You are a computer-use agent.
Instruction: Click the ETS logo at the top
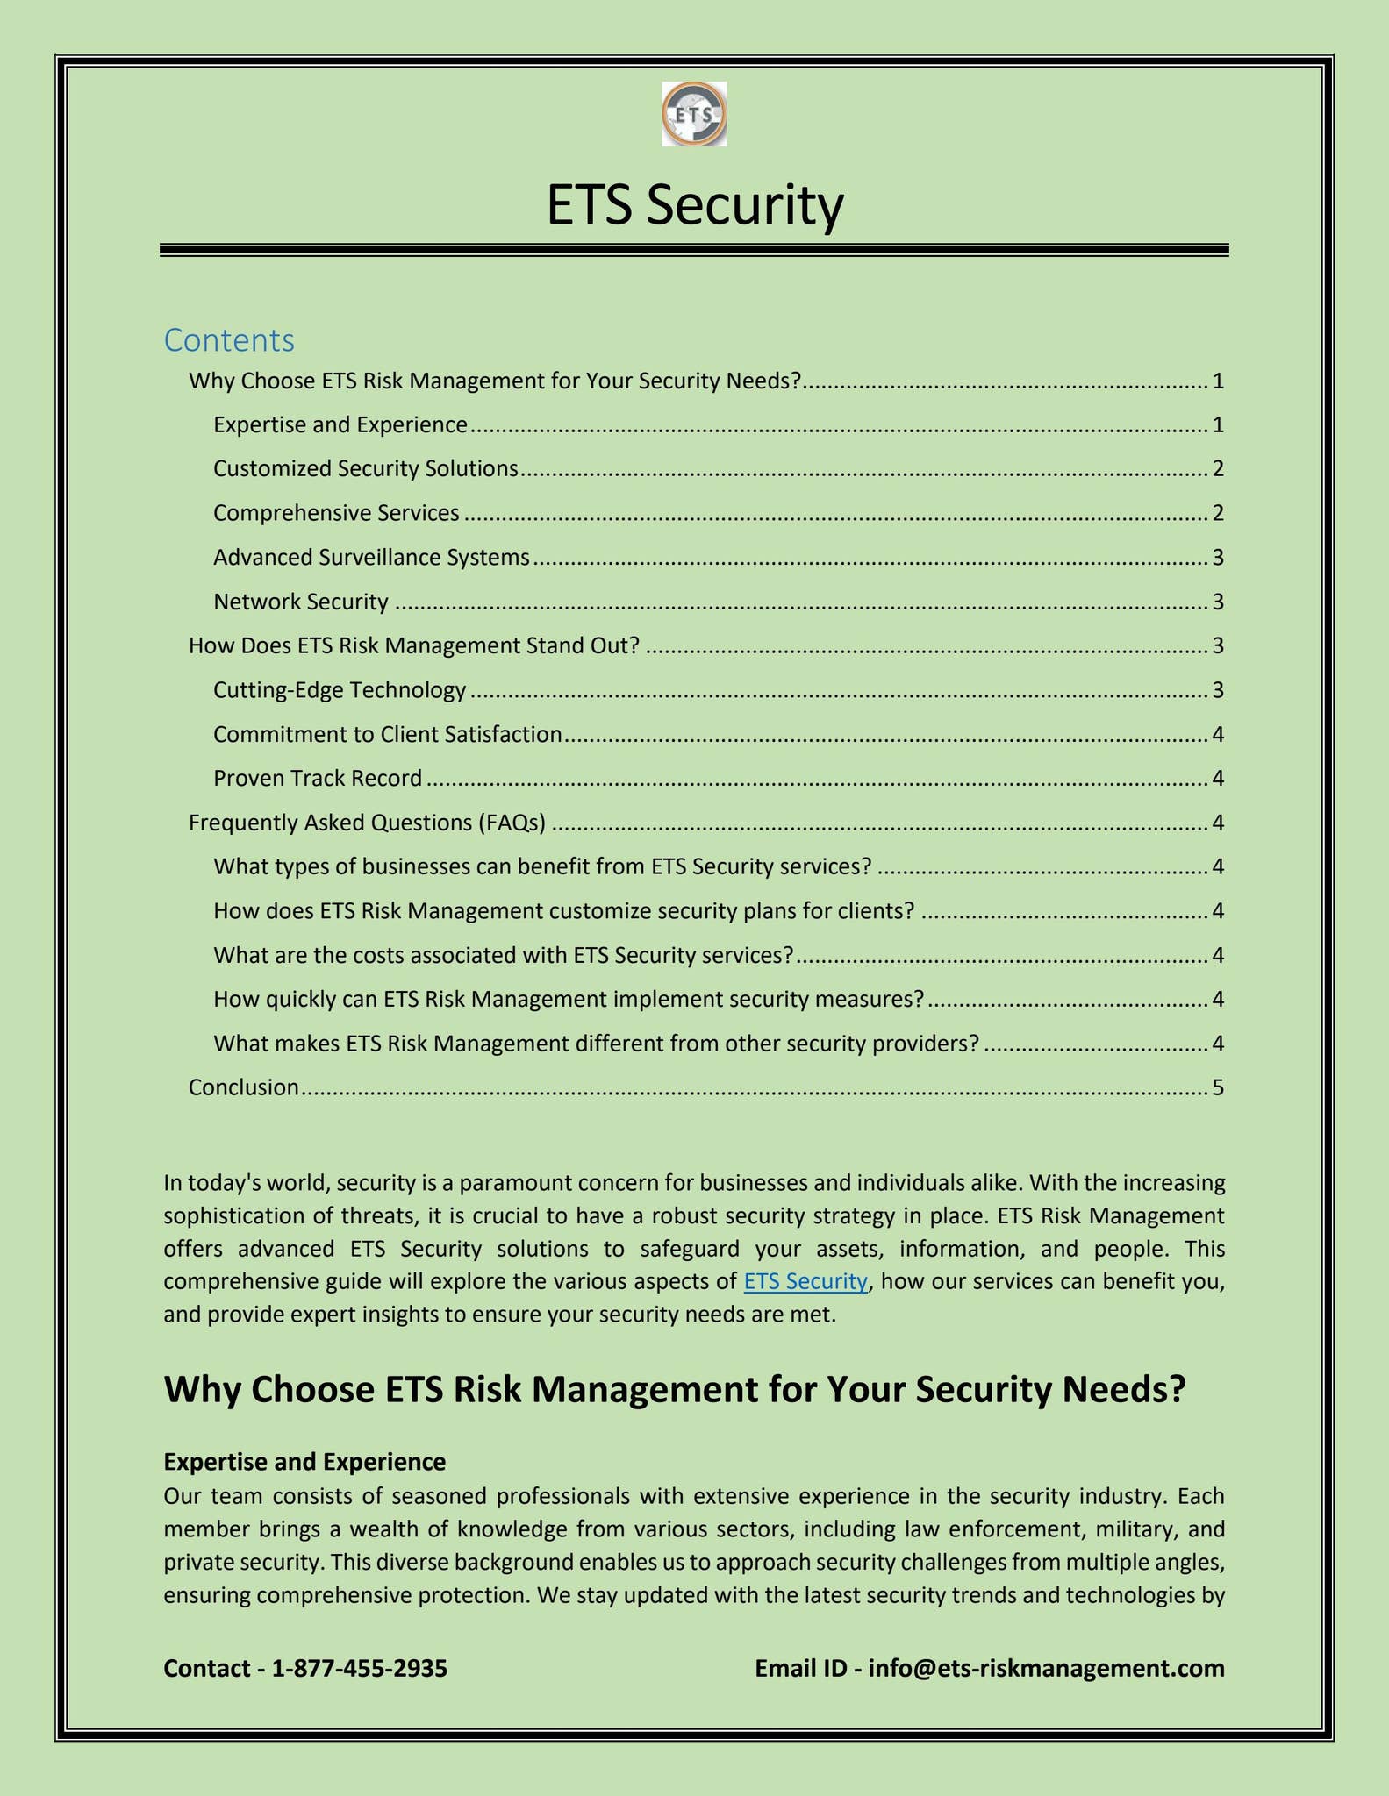pyautogui.click(x=694, y=114)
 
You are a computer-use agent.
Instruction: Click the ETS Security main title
pyautogui.click(x=694, y=204)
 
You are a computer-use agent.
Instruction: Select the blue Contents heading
pyautogui.click(x=229, y=340)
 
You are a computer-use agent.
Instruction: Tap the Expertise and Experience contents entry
pyautogui.click(x=340, y=425)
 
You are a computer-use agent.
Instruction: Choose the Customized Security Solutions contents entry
pyautogui.click(x=366, y=469)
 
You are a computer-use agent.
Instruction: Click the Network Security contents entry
pyautogui.click(x=301, y=602)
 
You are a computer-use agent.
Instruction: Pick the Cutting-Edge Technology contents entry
pyautogui.click(x=340, y=690)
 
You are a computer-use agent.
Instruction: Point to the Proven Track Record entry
pyautogui.click(x=318, y=779)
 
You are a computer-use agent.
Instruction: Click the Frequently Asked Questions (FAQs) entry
pyautogui.click(x=368, y=823)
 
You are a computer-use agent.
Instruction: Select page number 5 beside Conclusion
pyautogui.click(x=1217, y=1087)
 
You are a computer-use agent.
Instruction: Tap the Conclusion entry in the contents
pyautogui.click(x=244, y=1087)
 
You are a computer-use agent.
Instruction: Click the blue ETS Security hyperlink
pyautogui.click(x=805, y=1281)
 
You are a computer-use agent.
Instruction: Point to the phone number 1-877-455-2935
pyautogui.click(x=360, y=1668)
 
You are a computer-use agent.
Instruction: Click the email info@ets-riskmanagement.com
pyautogui.click(x=1046, y=1668)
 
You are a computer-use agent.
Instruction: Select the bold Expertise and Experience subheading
pyautogui.click(x=304, y=1462)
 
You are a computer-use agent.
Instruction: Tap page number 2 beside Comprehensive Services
pyautogui.click(x=1217, y=513)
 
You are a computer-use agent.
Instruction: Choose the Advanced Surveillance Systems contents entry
pyautogui.click(x=371, y=558)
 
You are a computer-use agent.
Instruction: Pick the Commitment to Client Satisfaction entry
pyautogui.click(x=387, y=735)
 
